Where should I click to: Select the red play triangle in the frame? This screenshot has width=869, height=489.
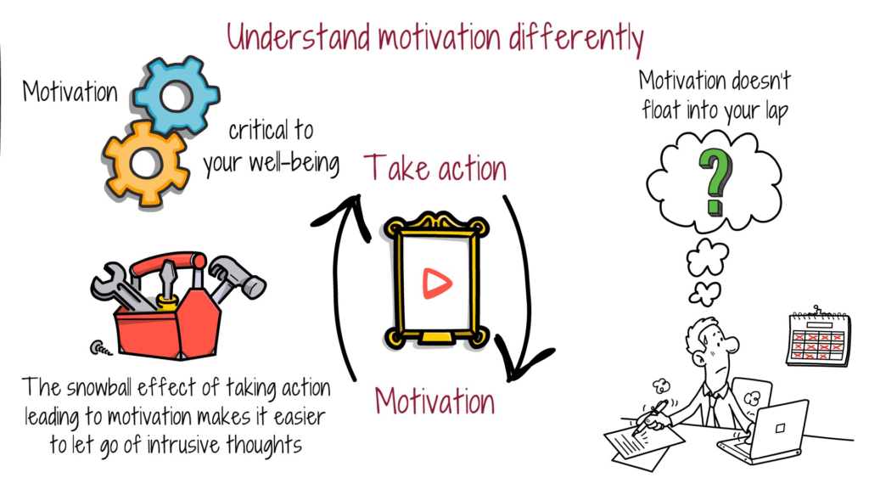point(437,284)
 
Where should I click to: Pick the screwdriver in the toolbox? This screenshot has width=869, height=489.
point(167,282)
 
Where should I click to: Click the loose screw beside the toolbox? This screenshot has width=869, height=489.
point(101,348)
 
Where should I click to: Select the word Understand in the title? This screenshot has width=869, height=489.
point(298,37)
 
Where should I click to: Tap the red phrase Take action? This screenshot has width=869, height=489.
point(435,168)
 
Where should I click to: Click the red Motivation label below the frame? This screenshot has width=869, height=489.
point(434,401)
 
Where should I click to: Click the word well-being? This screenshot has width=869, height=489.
point(294,164)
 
